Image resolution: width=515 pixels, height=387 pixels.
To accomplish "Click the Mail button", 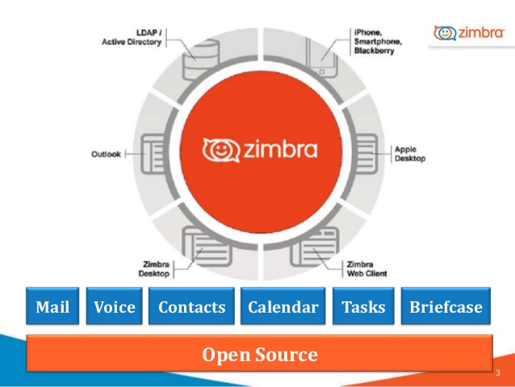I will [52, 307].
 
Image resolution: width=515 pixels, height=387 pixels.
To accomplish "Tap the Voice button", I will [115, 307].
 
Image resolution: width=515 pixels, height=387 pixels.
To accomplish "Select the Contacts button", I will [191, 307].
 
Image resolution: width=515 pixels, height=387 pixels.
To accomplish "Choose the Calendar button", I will [283, 307].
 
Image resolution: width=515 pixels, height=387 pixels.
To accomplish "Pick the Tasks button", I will [363, 307].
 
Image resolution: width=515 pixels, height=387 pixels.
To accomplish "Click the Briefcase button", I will [446, 307].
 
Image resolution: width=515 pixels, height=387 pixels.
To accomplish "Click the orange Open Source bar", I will [259, 354].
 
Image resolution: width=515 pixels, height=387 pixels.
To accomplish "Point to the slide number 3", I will [497, 373].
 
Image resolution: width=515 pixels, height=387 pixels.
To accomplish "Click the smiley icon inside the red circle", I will [217, 149].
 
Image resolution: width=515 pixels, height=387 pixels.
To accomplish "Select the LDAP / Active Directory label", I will [133, 38].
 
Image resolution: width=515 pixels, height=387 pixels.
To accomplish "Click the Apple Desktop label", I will [409, 154].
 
